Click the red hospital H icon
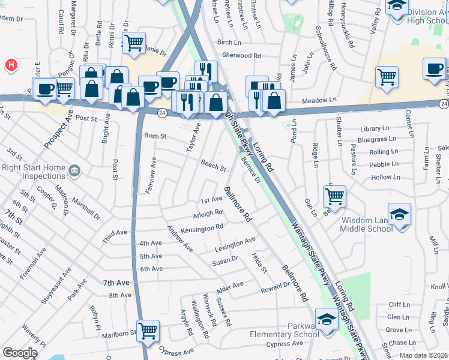click(x=10, y=65)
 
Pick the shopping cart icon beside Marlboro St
click(x=148, y=330)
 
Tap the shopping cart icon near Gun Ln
click(x=334, y=196)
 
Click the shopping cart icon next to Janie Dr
click(x=134, y=42)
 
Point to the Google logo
click(x=20, y=353)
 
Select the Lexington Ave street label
click(x=235, y=244)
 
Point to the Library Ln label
click(x=371, y=129)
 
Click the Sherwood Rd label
click(x=241, y=55)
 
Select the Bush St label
click(x=154, y=136)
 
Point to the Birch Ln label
click(x=229, y=43)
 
